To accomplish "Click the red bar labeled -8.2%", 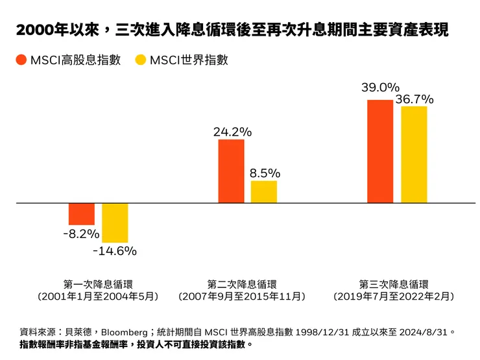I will [82, 214].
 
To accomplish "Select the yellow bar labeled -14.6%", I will [115, 222].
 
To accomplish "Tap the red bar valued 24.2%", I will [231, 171].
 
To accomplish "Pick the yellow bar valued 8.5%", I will [264, 191].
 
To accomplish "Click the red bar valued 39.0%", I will [380, 151].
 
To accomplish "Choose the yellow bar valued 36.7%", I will [414, 154].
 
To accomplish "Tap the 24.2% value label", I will [232, 132].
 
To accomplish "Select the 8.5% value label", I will [265, 173].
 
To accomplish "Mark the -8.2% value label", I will [81, 234].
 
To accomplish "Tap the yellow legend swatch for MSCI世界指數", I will [140, 60].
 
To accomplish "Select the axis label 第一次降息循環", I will [98, 283].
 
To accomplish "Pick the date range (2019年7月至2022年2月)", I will [394, 296].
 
